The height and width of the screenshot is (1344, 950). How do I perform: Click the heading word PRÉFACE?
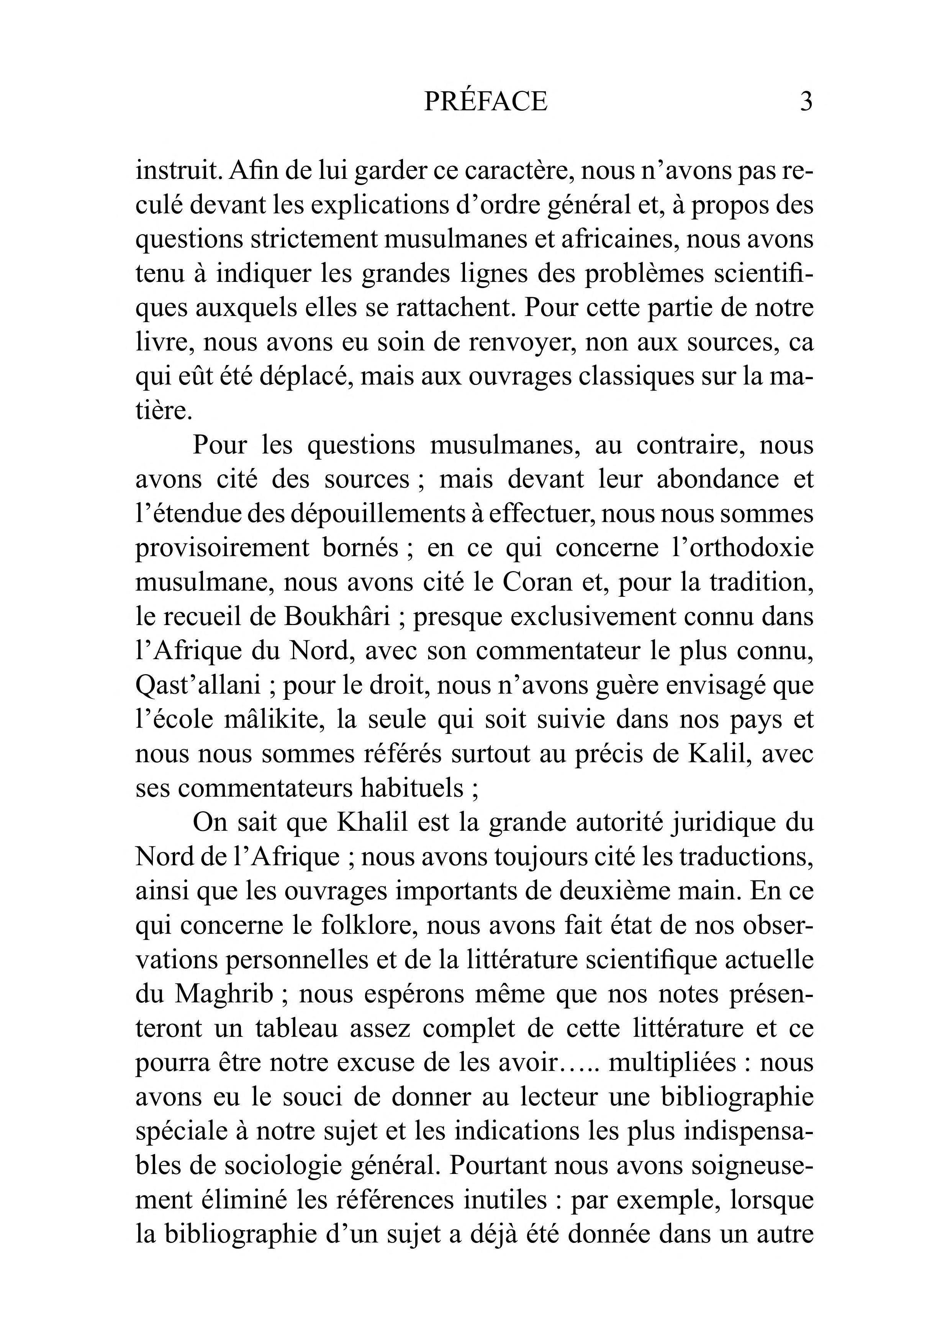(485, 102)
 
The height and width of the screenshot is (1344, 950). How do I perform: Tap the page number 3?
(806, 102)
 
